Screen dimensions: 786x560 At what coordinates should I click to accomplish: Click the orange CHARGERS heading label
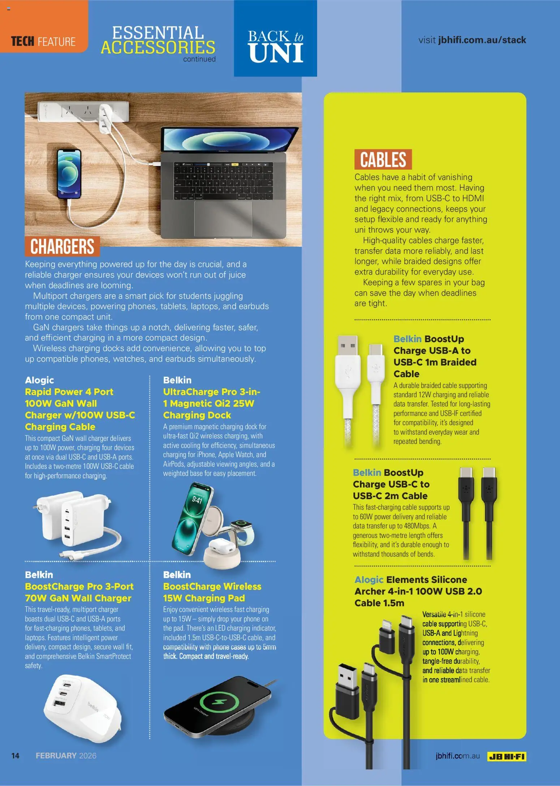pos(62,246)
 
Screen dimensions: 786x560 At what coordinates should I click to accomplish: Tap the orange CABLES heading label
pos(383,160)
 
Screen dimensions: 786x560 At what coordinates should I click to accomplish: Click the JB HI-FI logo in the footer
pos(507,756)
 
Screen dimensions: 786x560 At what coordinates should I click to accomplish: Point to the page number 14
pos(15,756)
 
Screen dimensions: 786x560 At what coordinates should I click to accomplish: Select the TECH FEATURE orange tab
pos(43,42)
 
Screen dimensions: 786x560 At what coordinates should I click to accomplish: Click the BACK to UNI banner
pos(275,46)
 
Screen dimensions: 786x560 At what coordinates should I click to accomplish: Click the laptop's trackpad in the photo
pos(223,219)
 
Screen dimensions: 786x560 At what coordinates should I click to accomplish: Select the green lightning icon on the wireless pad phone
pos(219,703)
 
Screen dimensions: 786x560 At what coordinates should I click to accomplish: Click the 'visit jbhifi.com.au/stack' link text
pos(472,40)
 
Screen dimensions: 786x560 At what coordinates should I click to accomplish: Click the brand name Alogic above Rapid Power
pos(39,380)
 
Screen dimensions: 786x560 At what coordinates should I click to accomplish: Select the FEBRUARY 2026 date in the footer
pos(66,756)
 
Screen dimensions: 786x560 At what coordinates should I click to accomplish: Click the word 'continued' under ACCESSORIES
pos(199,59)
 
